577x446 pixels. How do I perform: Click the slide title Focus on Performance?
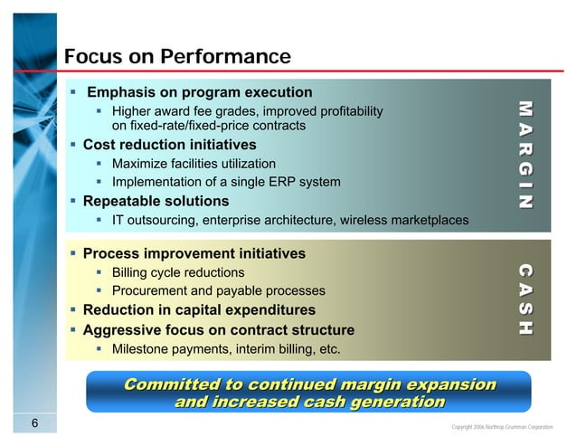177,58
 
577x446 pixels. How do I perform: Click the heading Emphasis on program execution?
199,92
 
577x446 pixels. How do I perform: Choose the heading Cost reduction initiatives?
169,145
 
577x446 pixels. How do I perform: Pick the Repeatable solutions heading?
156,201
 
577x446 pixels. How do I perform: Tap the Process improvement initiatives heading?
194,254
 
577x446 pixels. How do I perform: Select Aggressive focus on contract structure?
218,330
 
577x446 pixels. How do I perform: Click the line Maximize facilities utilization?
194,164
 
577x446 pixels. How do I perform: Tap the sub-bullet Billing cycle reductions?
177,272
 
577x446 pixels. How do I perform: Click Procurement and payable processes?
218,290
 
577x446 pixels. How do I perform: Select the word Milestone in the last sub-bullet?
141,348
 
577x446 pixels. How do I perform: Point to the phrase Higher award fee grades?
187,111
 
